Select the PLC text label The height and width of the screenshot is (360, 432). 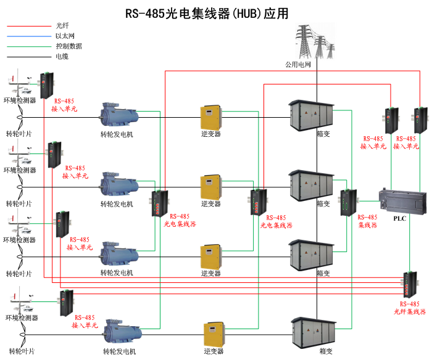tap(400, 218)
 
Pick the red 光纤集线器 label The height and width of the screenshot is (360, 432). tap(410, 312)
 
